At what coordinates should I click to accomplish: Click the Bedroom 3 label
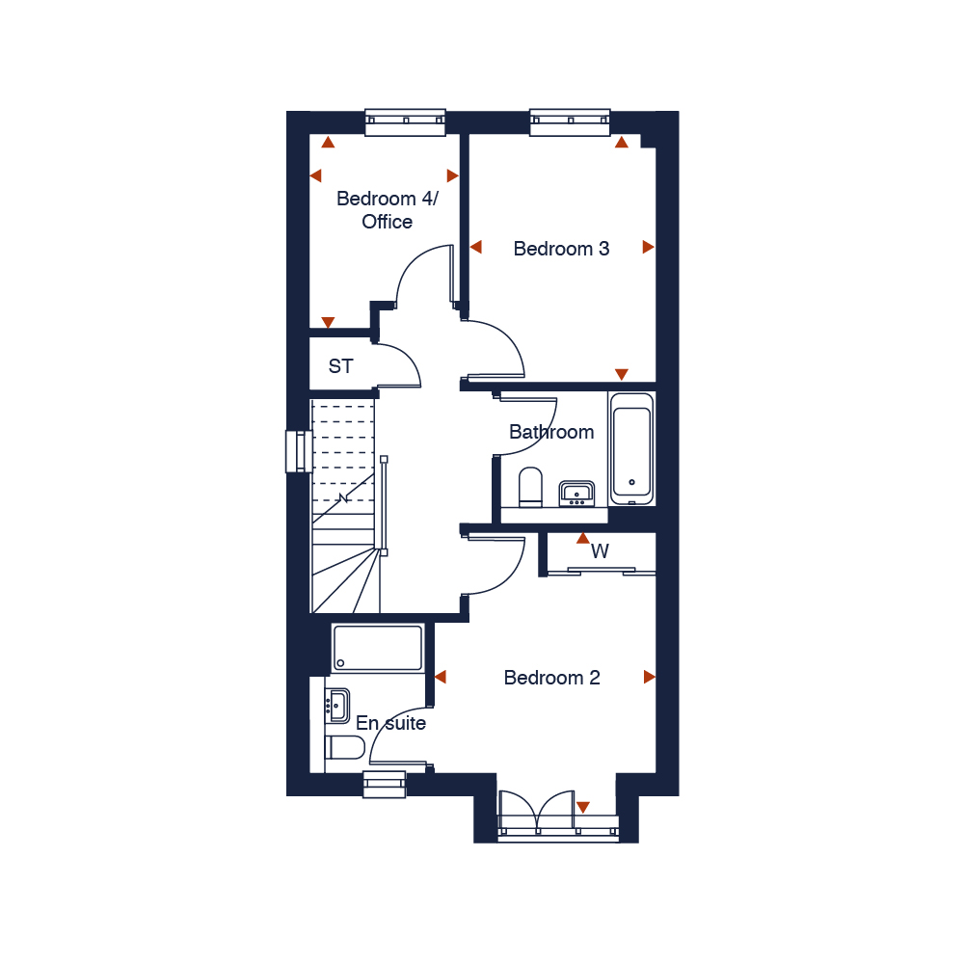[x=561, y=249]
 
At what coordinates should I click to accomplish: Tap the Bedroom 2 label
[x=551, y=678]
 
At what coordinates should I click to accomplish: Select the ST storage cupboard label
[x=340, y=366]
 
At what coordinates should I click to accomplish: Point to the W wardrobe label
[x=600, y=552]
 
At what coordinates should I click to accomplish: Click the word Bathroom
[x=551, y=432]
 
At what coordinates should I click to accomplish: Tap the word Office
[x=387, y=222]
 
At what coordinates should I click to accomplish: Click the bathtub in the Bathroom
[x=632, y=447]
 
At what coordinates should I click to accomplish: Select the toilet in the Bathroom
[x=531, y=487]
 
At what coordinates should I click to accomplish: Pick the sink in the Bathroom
[x=576, y=494]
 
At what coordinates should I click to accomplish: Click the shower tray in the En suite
[x=378, y=648]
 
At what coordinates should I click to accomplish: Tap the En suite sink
[x=336, y=704]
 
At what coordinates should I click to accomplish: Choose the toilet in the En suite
[x=344, y=748]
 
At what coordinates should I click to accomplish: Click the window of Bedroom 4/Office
[x=406, y=120]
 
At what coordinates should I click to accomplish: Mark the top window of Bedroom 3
[x=571, y=120]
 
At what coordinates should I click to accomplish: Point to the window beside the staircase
[x=296, y=451]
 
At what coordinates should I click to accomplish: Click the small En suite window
[x=385, y=784]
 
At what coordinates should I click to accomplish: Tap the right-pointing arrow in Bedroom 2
[x=649, y=678]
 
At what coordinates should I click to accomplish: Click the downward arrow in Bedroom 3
[x=622, y=374]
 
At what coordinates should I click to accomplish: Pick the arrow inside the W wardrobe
[x=582, y=539]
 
